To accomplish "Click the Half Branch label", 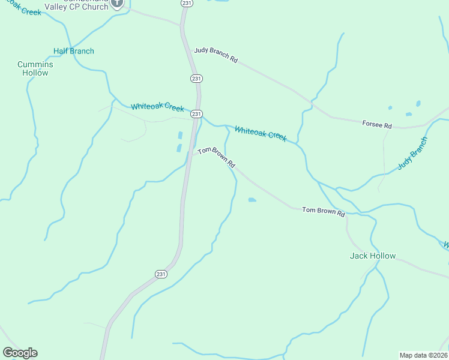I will pyautogui.click(x=74, y=51).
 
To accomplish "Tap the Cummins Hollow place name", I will pyautogui.click(x=35, y=68).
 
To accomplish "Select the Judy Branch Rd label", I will pyautogui.click(x=216, y=55).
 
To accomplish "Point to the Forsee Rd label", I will pyautogui.click(x=377, y=125).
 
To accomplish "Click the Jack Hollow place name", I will pyautogui.click(x=373, y=256).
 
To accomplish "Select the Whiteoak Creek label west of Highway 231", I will pyautogui.click(x=157, y=107).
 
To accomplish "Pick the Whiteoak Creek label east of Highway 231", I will pyautogui.click(x=261, y=133).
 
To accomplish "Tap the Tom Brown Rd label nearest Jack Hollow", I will pyautogui.click(x=324, y=212).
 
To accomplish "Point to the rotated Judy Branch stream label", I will pyautogui.click(x=412, y=154).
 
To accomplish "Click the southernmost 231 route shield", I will pyautogui.click(x=160, y=274).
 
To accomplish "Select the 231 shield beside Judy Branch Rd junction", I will pyautogui.click(x=196, y=79).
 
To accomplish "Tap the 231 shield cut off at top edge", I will pyautogui.click(x=187, y=3).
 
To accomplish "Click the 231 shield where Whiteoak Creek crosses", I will pyautogui.click(x=196, y=113).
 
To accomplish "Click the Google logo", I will pyautogui.click(x=20, y=353).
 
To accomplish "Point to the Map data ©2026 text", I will pyautogui.click(x=423, y=355).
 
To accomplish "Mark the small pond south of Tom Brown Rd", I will pyautogui.click(x=252, y=200).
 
